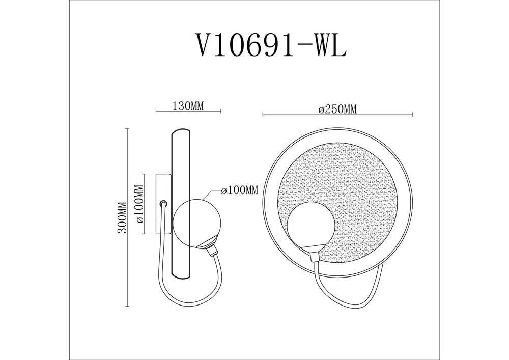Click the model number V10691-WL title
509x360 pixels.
point(271,46)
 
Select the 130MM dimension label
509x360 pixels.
point(188,106)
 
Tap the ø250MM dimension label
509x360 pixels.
point(336,109)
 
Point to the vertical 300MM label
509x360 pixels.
point(122,217)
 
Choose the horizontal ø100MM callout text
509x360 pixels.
point(240,190)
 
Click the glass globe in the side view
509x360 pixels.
point(197,221)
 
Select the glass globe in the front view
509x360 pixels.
point(310,224)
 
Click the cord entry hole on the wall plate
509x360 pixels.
point(164,203)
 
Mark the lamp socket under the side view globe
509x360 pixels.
point(210,248)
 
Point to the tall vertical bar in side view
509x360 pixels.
point(182,204)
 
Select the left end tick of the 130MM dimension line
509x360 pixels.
point(155,111)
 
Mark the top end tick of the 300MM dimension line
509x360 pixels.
point(127,129)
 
